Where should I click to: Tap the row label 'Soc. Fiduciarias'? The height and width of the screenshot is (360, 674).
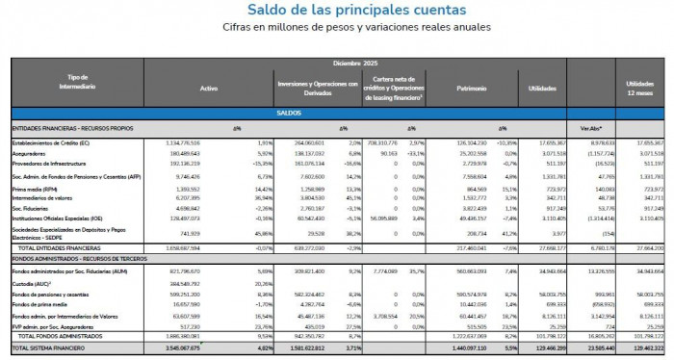coord(32,207)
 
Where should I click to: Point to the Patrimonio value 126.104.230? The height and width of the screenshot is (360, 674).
coord(468,142)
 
